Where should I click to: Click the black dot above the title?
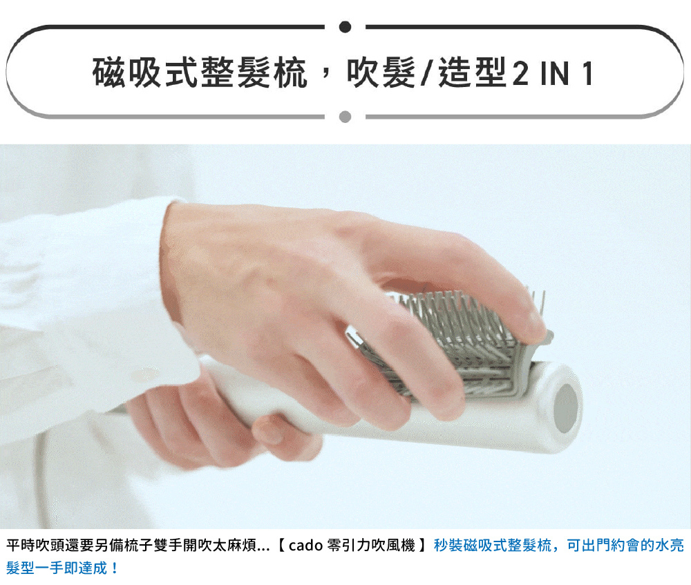click(x=345, y=27)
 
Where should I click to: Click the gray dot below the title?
click(x=345, y=117)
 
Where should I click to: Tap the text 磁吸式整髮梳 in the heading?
click(x=200, y=73)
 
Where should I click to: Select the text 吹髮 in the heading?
click(x=381, y=73)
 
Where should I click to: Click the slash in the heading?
click(x=426, y=73)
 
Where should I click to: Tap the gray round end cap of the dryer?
click(x=565, y=408)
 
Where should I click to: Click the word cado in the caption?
click(x=306, y=546)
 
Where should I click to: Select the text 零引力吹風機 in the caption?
click(x=371, y=546)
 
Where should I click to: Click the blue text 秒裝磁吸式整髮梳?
click(x=492, y=546)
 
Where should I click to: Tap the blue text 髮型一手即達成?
click(x=57, y=568)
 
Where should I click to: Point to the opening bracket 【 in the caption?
click(x=281, y=546)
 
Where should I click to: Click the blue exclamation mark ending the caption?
click(x=115, y=568)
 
